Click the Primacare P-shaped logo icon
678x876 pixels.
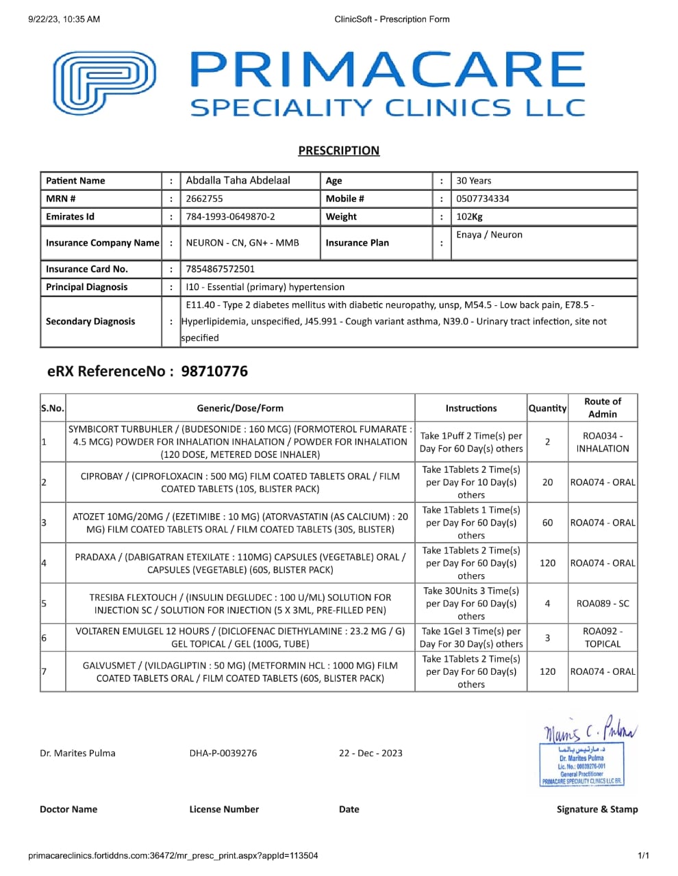(x=104, y=83)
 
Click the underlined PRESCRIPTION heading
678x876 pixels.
(x=338, y=151)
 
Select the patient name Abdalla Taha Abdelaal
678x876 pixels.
(x=238, y=181)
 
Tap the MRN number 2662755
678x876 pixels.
(x=204, y=198)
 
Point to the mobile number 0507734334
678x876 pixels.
(x=482, y=198)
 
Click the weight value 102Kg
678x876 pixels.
(x=469, y=216)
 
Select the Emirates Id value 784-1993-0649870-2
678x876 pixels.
(x=230, y=216)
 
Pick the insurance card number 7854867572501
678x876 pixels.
(x=220, y=269)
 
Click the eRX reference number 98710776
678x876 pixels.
(x=214, y=372)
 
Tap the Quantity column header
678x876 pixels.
(x=547, y=408)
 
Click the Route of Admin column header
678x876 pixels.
(x=602, y=407)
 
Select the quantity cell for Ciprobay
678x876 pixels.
(x=547, y=482)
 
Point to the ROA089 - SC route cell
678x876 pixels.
(x=603, y=604)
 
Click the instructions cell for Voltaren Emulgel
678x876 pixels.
(x=470, y=637)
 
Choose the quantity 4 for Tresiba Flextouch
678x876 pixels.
(x=547, y=604)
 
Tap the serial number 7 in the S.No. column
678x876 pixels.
(x=44, y=671)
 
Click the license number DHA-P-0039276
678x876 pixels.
(x=223, y=753)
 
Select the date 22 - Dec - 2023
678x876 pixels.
(x=371, y=753)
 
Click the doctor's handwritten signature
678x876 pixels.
(x=589, y=732)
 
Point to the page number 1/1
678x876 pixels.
(x=643, y=855)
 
